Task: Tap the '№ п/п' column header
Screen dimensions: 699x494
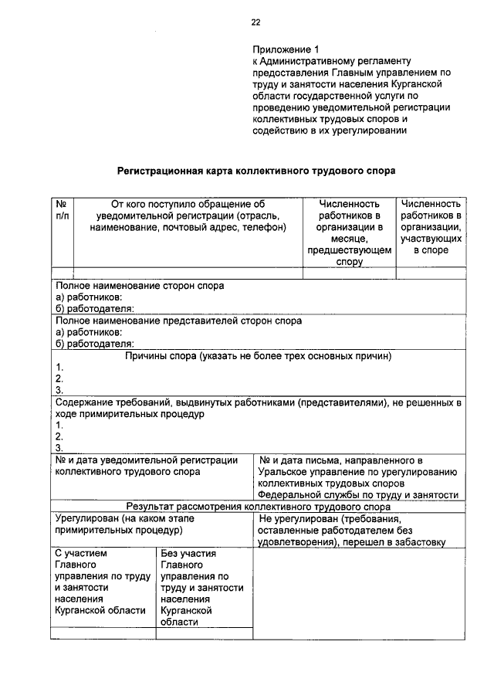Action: click(63, 209)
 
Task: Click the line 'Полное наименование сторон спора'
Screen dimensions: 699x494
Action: click(140, 286)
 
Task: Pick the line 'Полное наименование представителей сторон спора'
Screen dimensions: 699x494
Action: click(178, 321)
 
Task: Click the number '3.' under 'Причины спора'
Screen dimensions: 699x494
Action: click(59, 390)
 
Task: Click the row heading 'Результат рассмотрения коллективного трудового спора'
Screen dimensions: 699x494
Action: click(259, 507)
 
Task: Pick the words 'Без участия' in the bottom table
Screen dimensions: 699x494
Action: click(188, 554)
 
